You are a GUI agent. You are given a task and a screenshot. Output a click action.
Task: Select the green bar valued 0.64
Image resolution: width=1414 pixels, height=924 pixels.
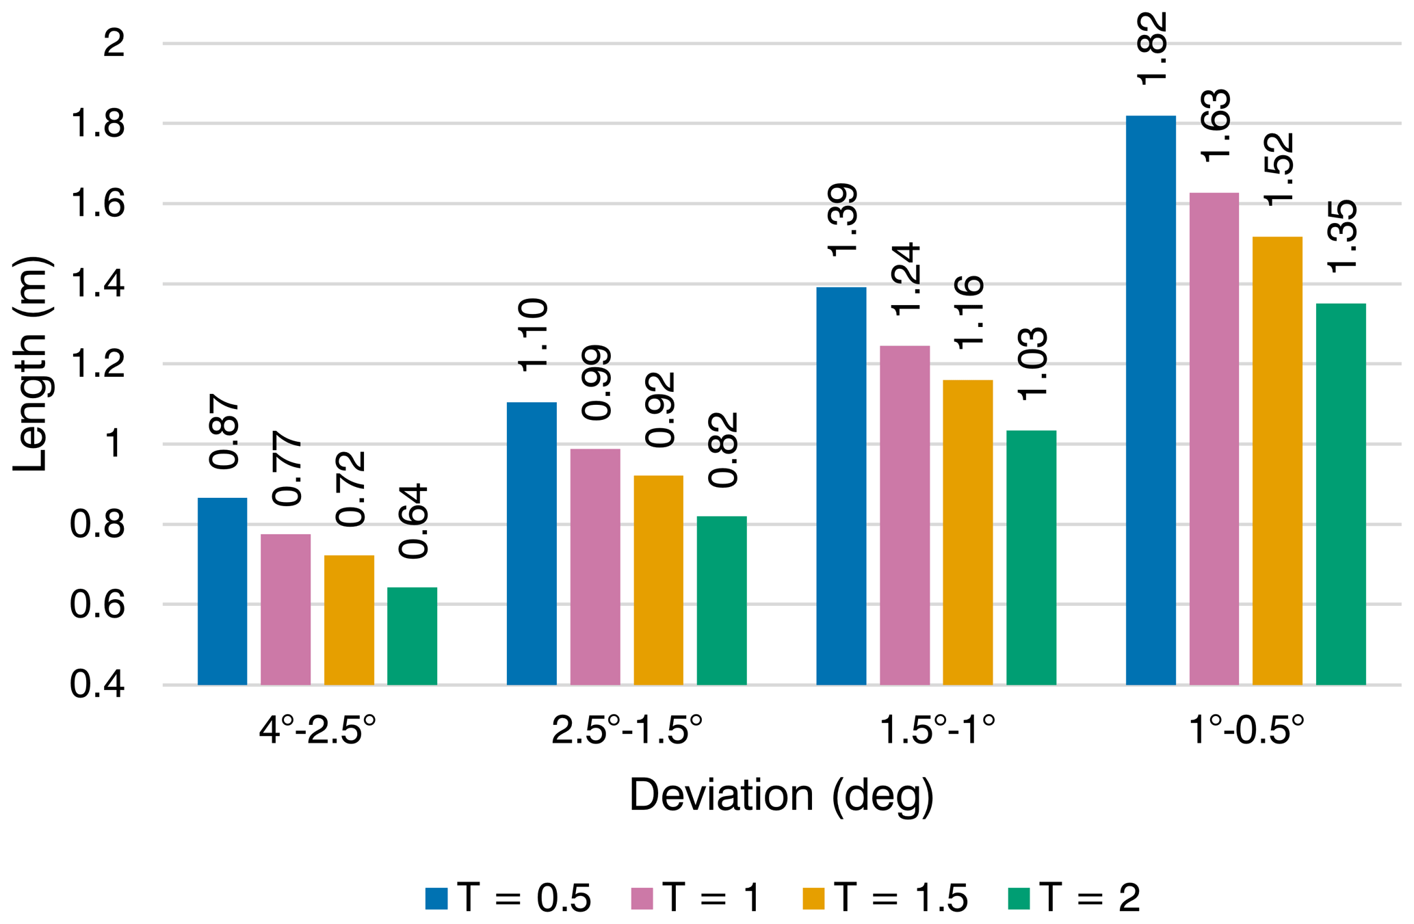412,636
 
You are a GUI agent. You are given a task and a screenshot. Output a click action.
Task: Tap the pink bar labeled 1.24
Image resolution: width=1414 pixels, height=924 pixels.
904,515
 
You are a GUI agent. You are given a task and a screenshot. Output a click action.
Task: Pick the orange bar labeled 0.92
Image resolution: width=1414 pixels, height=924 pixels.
658,580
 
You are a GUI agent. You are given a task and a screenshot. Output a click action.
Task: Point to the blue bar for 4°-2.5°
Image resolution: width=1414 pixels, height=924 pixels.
222,591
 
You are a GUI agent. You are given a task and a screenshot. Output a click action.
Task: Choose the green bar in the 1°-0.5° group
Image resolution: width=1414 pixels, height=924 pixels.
1340,494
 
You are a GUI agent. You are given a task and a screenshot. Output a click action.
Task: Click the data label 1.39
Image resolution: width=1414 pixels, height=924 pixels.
842,221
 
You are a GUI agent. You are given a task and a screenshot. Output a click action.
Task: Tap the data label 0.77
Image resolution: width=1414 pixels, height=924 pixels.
287,468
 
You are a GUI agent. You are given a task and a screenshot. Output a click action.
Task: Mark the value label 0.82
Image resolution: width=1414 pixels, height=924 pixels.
722,450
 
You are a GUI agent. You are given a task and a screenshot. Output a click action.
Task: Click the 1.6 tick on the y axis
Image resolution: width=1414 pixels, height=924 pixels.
97,204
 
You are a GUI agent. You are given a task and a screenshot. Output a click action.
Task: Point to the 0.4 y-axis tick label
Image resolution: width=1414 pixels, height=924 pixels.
97,685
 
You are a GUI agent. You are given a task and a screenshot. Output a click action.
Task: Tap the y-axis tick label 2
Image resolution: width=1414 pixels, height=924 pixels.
114,44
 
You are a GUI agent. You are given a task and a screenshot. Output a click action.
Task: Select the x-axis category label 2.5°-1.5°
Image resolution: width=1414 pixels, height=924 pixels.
627,731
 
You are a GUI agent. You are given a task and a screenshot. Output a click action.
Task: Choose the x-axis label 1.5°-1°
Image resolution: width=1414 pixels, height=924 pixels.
936,731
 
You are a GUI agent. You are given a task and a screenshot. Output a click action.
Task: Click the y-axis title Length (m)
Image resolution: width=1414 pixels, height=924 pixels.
31,364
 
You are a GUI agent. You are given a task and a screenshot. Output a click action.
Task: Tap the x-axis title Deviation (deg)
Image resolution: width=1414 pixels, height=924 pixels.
781,795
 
